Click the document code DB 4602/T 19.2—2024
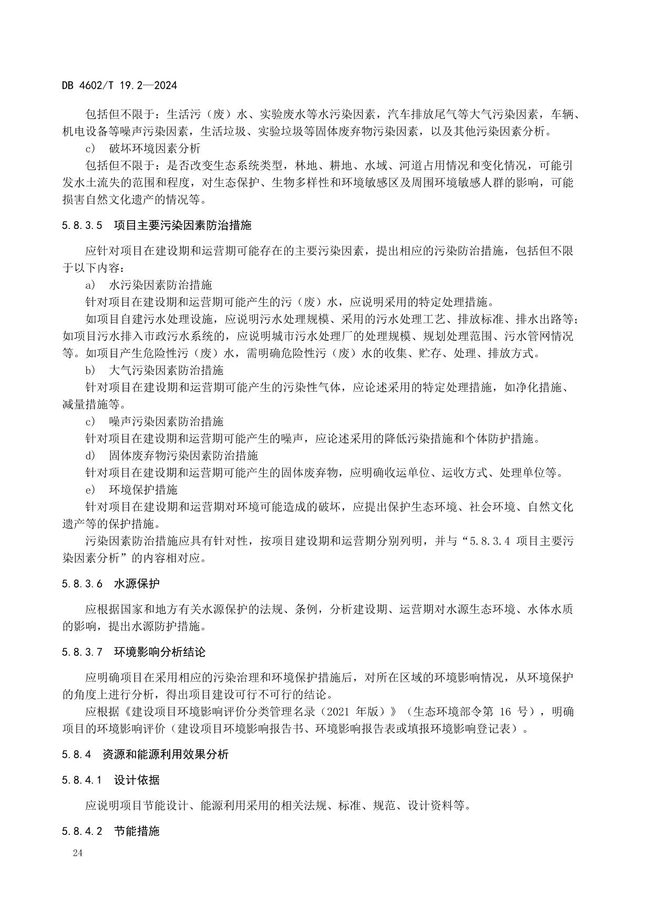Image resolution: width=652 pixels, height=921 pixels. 119,85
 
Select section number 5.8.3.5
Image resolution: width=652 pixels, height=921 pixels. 81,226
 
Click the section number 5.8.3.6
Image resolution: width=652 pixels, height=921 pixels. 81,584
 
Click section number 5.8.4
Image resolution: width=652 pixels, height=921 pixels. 76,755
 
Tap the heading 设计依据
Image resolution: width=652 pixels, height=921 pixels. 137,780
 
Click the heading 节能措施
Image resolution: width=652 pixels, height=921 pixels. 137,831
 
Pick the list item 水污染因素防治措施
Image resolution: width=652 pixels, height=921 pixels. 160,285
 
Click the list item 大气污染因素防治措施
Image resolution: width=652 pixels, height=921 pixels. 166,371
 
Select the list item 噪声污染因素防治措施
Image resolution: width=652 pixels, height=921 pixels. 166,422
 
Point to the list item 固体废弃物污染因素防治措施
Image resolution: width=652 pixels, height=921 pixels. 183,456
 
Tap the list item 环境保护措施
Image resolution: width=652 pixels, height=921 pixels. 143,490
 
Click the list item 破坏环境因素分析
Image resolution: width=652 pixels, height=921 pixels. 154,149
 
